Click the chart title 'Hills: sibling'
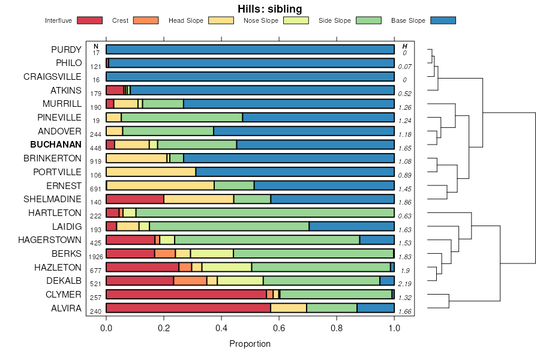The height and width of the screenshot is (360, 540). [269, 8]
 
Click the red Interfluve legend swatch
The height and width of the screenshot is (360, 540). [89, 20]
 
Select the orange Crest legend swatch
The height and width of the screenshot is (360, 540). [145, 20]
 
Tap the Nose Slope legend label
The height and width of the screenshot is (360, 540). [260, 20]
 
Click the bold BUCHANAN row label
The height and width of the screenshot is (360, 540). [56, 145]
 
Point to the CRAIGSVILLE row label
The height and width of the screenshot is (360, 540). [52, 77]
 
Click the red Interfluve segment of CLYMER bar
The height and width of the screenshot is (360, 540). [186, 294]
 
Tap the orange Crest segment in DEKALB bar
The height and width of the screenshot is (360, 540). [190, 281]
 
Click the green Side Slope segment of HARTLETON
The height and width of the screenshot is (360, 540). [265, 212]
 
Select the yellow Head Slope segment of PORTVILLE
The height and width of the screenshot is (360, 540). [151, 172]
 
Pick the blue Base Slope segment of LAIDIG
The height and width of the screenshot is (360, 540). [351, 226]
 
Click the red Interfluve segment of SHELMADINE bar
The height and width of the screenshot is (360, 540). [135, 199]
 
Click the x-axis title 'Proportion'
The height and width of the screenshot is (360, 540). [250, 344]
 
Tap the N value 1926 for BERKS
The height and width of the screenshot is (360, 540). [96, 257]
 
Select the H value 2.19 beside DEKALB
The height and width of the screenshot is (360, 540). [405, 284]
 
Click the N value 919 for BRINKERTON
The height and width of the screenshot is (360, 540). [96, 162]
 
